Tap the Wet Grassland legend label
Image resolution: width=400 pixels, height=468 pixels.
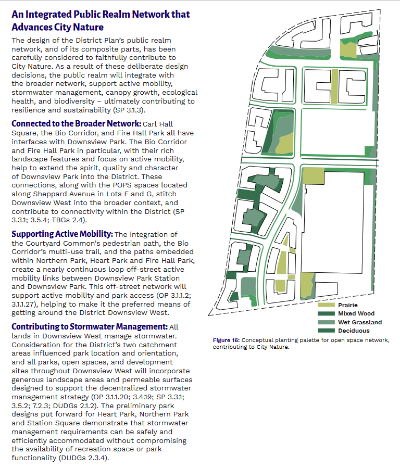359,322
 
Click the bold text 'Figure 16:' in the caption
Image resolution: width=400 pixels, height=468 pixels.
226,340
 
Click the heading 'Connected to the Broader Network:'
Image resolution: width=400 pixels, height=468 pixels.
76,124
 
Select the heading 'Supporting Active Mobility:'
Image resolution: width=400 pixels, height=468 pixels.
61,234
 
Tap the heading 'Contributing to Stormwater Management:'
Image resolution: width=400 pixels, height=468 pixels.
89,327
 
